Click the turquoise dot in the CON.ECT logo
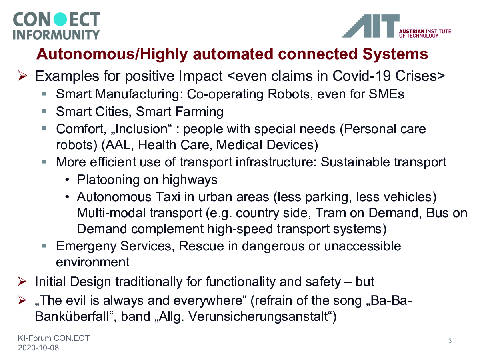60,19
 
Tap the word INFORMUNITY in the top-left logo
56,34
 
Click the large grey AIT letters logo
370,26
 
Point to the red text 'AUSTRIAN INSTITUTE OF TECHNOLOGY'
425,34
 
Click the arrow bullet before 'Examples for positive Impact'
22,76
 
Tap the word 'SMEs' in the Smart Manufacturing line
386,94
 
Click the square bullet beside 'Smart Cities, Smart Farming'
44,111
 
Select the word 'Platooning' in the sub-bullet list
108,180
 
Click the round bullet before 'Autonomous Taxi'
67,197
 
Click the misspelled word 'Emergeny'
86,246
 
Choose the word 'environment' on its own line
93,262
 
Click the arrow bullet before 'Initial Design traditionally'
22,281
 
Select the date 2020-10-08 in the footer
38,348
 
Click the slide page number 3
450,341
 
